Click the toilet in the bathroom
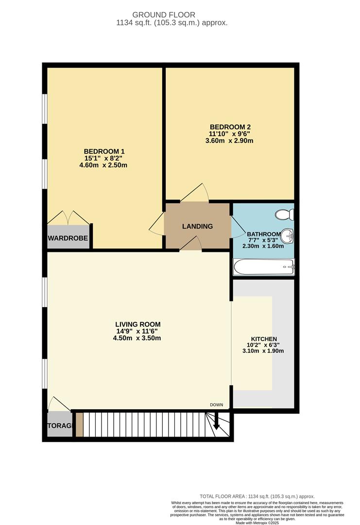coord(283,214)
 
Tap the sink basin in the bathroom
coord(288,237)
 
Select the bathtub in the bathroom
coord(264,266)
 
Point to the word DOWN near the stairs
coord(217,405)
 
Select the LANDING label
coord(197,227)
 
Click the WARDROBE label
coord(68,239)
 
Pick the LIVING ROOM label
coord(137,324)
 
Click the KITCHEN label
coord(264,339)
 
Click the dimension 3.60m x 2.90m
coord(231,141)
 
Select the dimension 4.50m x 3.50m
coord(137,338)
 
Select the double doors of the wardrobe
coord(68,217)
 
